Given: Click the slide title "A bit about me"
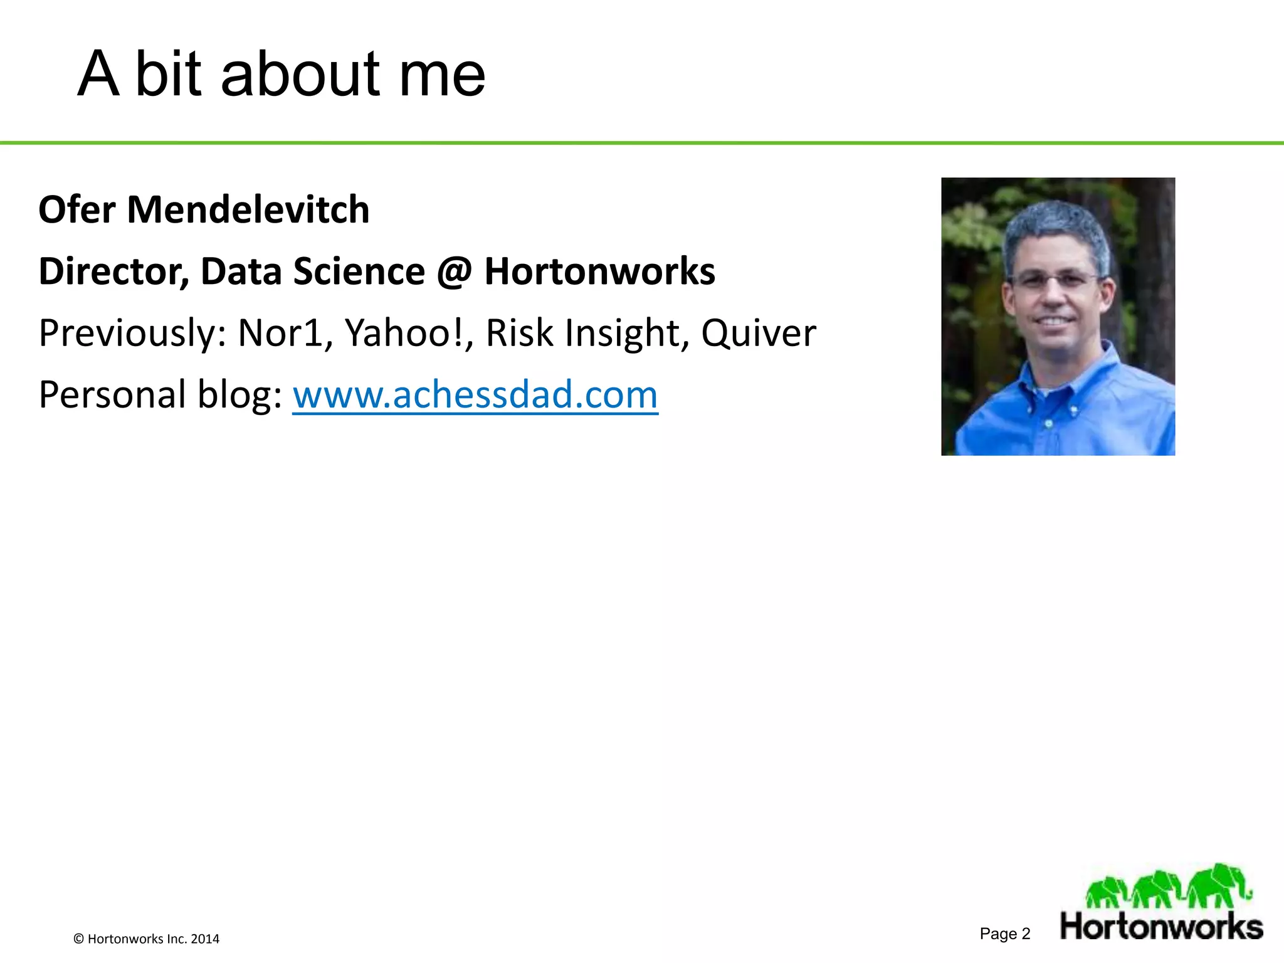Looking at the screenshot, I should tap(281, 74).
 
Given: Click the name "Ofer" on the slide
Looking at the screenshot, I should tap(76, 209).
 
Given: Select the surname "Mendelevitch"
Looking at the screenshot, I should tap(248, 209).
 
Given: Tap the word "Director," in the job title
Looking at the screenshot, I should tap(113, 271).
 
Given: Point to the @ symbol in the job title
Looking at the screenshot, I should tap(454, 272).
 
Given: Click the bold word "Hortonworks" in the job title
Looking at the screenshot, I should tap(599, 271).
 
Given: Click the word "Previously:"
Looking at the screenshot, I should tap(132, 333).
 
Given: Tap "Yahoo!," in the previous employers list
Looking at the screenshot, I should tap(409, 333).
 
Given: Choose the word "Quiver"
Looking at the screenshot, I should tap(758, 333).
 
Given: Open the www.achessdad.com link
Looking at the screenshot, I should tap(475, 395).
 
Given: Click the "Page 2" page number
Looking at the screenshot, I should tap(1005, 934).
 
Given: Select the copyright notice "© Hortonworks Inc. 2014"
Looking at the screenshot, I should tap(147, 939).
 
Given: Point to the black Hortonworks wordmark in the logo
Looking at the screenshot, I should tap(1161, 927).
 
